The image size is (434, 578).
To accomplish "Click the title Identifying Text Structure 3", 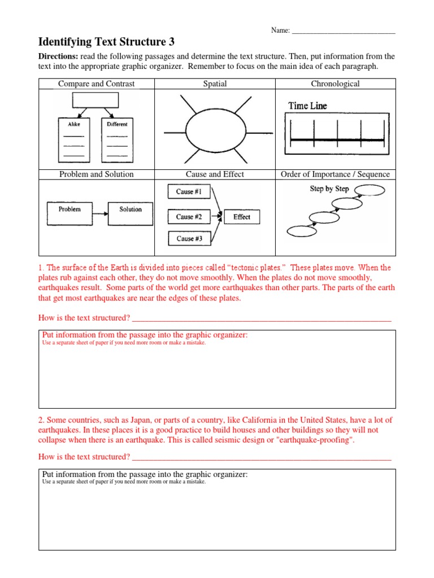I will point(106,42).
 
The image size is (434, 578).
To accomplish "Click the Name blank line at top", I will point(343,32).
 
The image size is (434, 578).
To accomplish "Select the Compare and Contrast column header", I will point(97,84).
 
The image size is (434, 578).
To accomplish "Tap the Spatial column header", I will point(215,84).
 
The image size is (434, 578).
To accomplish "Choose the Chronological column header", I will point(335,84).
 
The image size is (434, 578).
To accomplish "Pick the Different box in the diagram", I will point(117,139).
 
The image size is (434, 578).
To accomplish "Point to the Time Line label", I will point(307,106).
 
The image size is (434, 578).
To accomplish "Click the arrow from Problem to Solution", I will point(100,213).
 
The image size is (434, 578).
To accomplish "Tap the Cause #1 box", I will point(189,192).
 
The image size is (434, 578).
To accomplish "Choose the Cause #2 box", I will point(189,217).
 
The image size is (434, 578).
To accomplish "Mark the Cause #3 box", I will point(189,239).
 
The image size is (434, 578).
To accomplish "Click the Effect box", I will point(241,217).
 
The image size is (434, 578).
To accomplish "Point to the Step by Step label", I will point(329,189).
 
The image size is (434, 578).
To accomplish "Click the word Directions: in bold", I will point(58,57).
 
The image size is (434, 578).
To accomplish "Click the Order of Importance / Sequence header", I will point(335,174).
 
